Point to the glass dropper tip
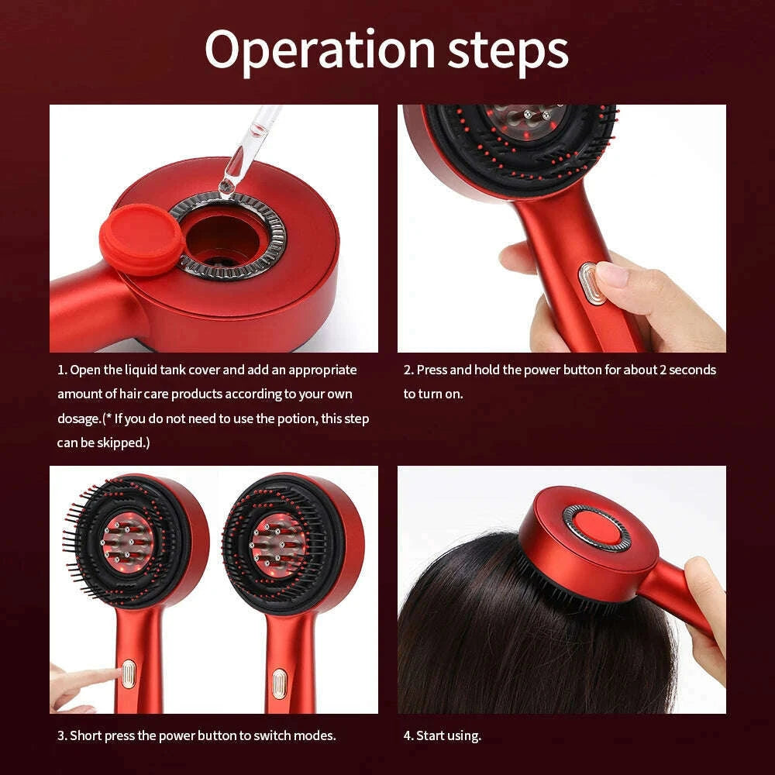pyautogui.click(x=227, y=184)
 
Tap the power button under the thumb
pyautogui.click(x=592, y=283)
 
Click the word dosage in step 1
pyautogui.click(x=79, y=418)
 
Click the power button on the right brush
pyautogui.click(x=279, y=684)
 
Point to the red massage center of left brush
pyautogui.click(x=127, y=542)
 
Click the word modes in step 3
pyautogui.click(x=317, y=735)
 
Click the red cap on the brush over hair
pyautogui.click(x=597, y=528)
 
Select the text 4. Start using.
pyautogui.click(x=442, y=735)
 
